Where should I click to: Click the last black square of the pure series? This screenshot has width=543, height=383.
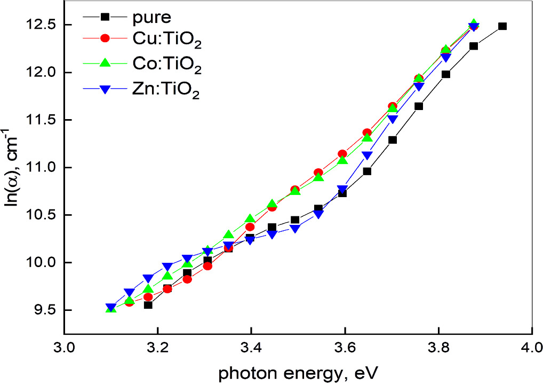click(x=502, y=26)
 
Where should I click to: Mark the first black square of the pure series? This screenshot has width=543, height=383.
click(x=148, y=305)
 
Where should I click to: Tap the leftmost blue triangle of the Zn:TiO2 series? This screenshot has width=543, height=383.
click(x=110, y=308)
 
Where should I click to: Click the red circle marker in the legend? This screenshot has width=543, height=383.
click(x=106, y=38)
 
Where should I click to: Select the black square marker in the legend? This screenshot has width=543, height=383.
click(x=106, y=17)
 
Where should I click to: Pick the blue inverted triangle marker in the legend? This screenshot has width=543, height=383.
click(x=106, y=90)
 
